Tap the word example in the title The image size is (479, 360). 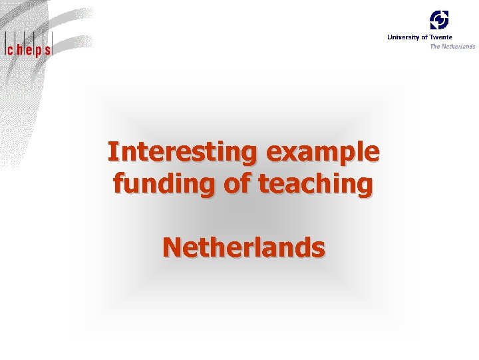322,152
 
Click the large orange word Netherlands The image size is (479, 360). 243,247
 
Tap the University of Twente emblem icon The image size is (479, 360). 439,19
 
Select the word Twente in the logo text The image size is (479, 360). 441,37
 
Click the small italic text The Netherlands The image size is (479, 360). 452,46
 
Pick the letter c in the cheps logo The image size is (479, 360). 10,49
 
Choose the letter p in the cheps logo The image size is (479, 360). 38,50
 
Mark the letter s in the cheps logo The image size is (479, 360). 47,49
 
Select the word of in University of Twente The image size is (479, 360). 424,37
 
